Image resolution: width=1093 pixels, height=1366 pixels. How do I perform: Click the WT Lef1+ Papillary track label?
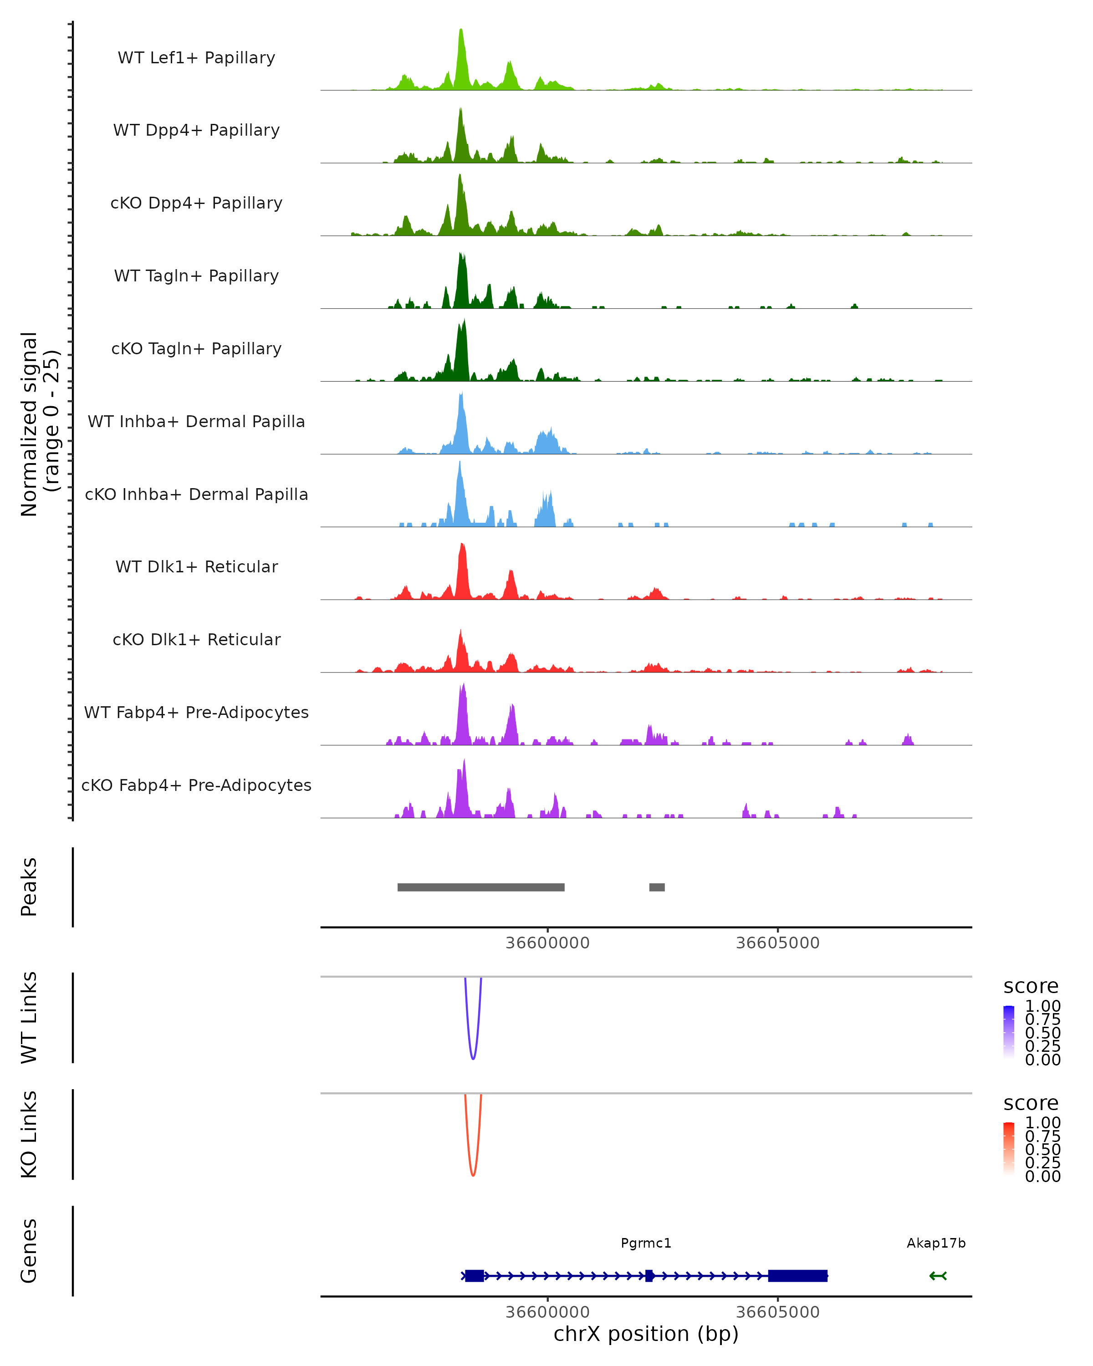[196, 58]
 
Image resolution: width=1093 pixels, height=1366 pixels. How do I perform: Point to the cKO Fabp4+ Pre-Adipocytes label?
[196, 785]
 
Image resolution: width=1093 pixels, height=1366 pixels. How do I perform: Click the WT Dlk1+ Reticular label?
[196, 566]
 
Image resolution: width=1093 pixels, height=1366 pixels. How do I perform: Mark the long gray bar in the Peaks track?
[481, 887]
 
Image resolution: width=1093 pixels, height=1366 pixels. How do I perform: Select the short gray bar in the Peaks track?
[657, 887]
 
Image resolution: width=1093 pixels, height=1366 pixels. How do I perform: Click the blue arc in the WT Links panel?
[473, 1057]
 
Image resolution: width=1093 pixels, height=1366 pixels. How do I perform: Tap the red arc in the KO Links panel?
[473, 1174]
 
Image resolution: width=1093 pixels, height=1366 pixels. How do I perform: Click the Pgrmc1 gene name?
[646, 1243]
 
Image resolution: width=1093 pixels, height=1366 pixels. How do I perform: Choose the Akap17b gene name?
[936, 1243]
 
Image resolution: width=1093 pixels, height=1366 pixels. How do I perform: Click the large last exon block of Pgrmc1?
[798, 1275]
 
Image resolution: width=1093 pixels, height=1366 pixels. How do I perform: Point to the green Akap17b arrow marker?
[938, 1275]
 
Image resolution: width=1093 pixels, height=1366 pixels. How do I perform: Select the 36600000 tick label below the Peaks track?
[547, 943]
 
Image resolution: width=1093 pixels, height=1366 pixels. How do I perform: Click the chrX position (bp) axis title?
[646, 1334]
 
